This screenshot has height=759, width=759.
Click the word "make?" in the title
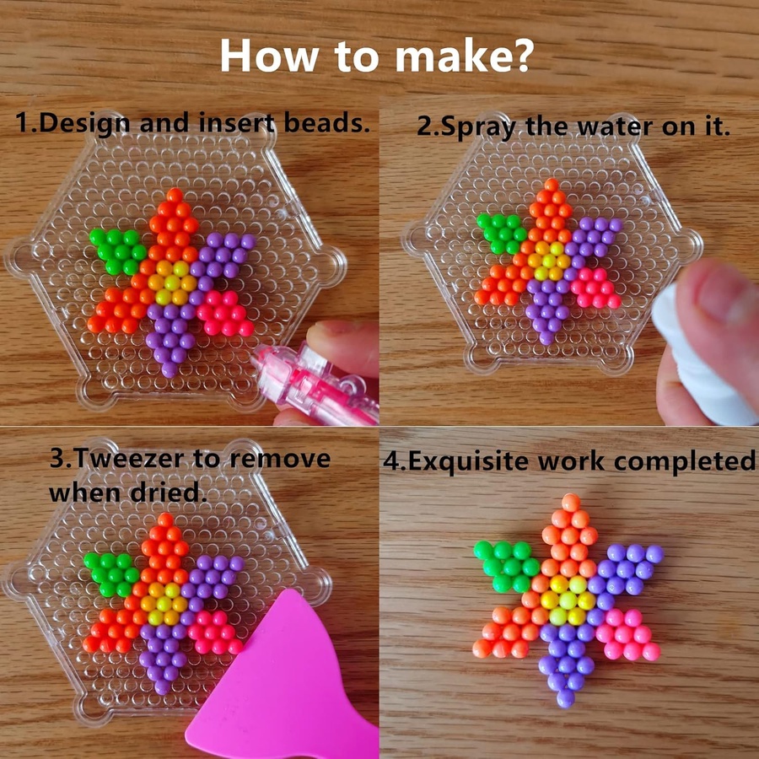(465, 56)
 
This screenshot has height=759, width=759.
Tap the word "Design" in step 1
(84, 123)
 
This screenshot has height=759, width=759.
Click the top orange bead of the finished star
(571, 503)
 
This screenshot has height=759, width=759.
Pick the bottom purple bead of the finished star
(565, 698)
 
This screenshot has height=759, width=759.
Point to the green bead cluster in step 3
(111, 574)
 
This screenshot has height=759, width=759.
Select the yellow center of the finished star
(568, 600)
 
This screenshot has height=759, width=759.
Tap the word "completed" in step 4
(685, 461)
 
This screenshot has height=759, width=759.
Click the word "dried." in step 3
(165, 493)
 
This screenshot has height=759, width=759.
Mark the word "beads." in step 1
(326, 122)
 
